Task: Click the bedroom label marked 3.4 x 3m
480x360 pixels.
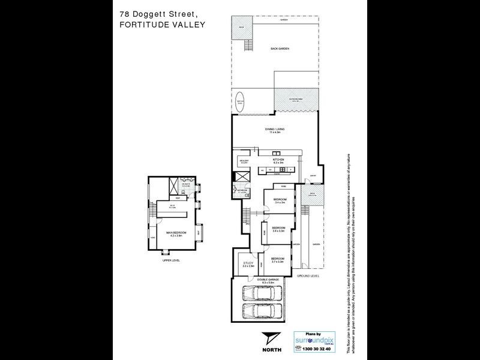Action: pyautogui.click(x=280, y=200)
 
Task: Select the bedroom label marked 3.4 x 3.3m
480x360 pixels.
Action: pyautogui.click(x=278, y=229)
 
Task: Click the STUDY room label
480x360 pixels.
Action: pyautogui.click(x=247, y=263)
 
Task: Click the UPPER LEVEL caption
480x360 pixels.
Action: pyautogui.click(x=171, y=260)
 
